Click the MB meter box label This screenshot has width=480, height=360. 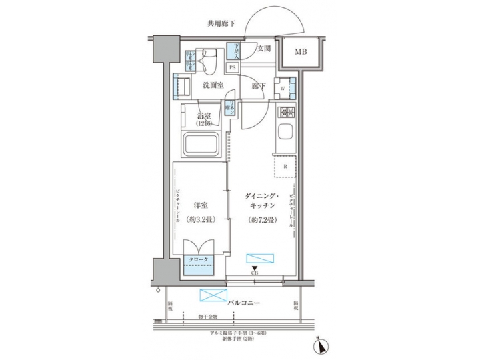click(x=301, y=52)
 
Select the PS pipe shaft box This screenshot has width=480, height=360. click(x=233, y=67)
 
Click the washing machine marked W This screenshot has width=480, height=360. click(x=283, y=87)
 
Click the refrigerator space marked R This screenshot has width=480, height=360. click(x=285, y=167)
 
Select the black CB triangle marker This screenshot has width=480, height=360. click(x=255, y=268)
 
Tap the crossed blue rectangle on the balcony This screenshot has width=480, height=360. click(x=213, y=295)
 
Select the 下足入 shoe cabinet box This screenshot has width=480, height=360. click(x=233, y=51)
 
